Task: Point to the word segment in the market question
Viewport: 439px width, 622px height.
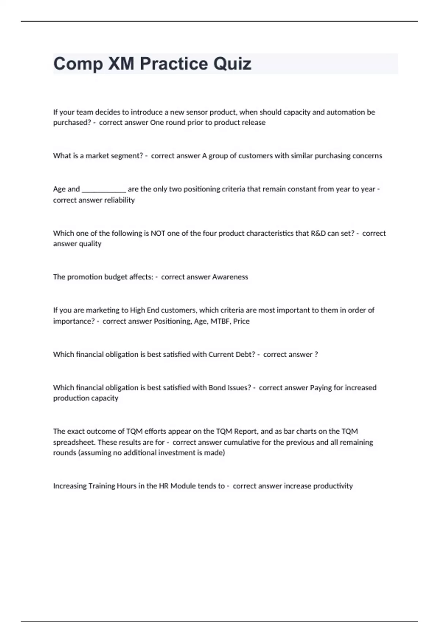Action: pos(127,156)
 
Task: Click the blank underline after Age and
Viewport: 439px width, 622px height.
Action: pos(104,189)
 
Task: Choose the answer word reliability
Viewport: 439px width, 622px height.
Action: pos(119,200)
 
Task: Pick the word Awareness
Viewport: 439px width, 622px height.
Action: pos(230,277)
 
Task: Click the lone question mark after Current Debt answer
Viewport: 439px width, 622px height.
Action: pos(316,354)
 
